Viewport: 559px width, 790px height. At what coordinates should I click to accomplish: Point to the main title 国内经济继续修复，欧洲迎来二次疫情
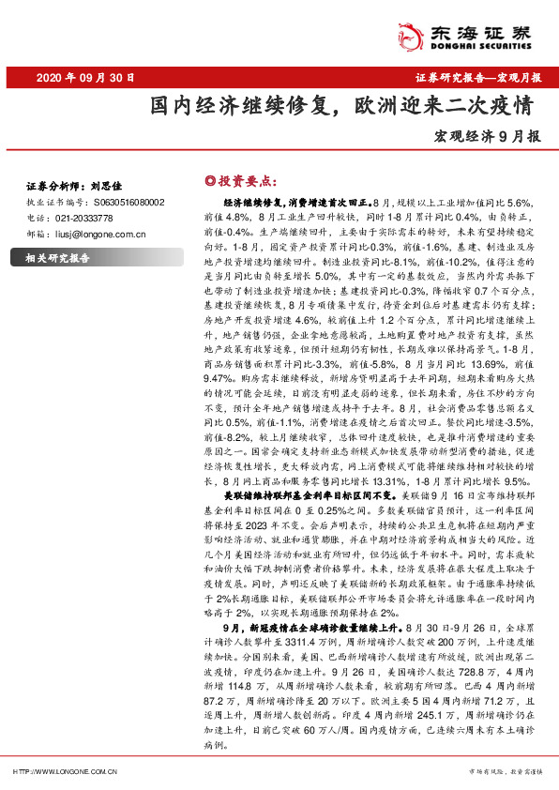point(344,103)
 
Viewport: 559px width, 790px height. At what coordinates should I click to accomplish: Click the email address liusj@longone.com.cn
point(98,233)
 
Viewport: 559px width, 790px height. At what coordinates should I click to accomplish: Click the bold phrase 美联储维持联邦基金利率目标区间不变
point(310,492)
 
